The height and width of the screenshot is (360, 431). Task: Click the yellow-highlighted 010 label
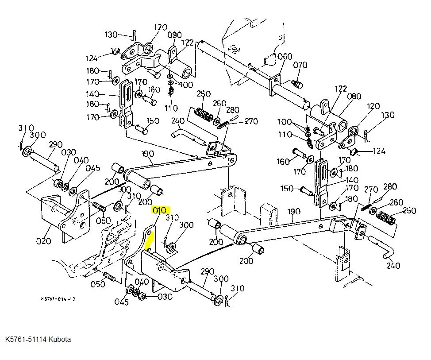(x=159, y=210)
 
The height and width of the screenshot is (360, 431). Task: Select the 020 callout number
(x=43, y=241)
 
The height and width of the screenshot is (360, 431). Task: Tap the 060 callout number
(x=285, y=57)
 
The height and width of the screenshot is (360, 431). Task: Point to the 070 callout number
(x=300, y=65)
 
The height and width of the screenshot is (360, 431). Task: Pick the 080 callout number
(x=354, y=96)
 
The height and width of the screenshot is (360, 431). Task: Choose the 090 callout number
(x=174, y=35)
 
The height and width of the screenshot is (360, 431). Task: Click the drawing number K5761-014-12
(x=58, y=299)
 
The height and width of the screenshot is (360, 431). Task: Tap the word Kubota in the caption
(x=60, y=339)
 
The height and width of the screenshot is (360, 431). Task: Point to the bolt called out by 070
(x=297, y=84)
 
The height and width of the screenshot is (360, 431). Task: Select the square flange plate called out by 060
(x=275, y=85)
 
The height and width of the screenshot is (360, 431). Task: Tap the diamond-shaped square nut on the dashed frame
(x=234, y=50)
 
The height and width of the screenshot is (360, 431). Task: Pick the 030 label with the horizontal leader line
(x=165, y=297)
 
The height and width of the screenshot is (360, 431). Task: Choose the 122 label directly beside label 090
(x=188, y=43)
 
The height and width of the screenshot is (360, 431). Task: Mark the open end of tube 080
(x=342, y=125)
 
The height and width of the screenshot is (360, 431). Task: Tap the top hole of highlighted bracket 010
(x=150, y=233)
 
